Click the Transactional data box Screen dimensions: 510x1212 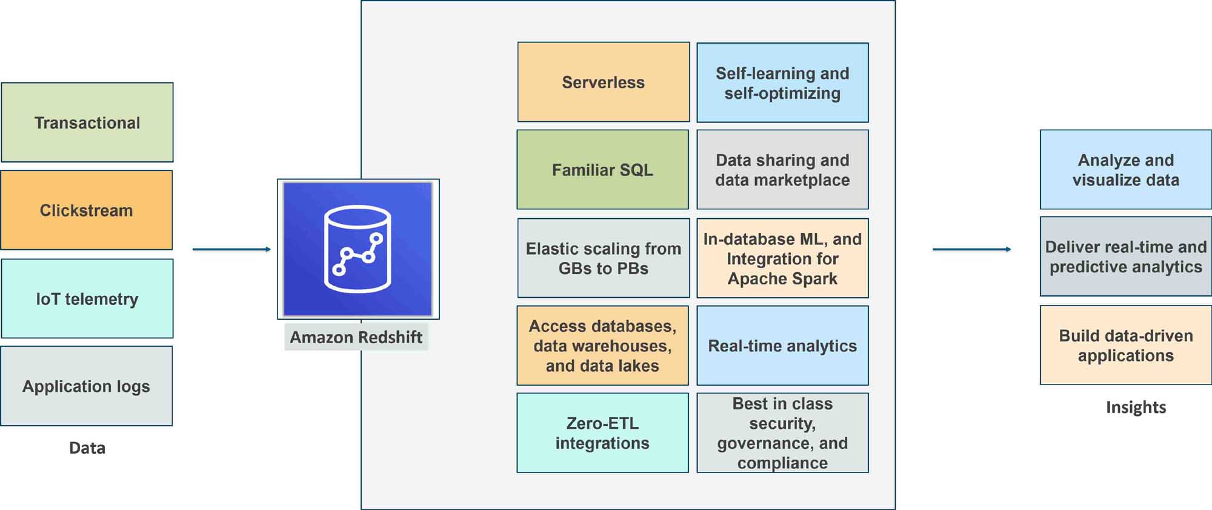[87, 122]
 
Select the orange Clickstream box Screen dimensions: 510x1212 [86, 210]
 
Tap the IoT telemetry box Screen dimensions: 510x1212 [87, 299]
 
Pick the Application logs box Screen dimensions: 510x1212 [86, 386]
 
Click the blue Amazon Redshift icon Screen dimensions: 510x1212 [358, 249]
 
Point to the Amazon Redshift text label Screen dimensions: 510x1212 [356, 337]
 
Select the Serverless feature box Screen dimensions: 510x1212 [604, 82]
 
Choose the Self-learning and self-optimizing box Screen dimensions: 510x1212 [782, 83]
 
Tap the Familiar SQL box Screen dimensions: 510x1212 [602, 170]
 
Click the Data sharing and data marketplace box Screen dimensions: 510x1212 [782, 170]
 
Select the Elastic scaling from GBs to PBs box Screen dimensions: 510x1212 [604, 258]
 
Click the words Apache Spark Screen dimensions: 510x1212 [782, 279]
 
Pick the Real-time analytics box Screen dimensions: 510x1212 [782, 346]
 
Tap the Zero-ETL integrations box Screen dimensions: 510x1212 [602, 433]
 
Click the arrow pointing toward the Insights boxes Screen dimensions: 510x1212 [971, 249]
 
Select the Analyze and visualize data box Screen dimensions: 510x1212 [1125, 170]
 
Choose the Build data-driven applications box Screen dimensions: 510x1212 [1125, 346]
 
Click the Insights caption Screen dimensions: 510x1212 [1136, 408]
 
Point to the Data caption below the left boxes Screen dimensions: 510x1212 [87, 448]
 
